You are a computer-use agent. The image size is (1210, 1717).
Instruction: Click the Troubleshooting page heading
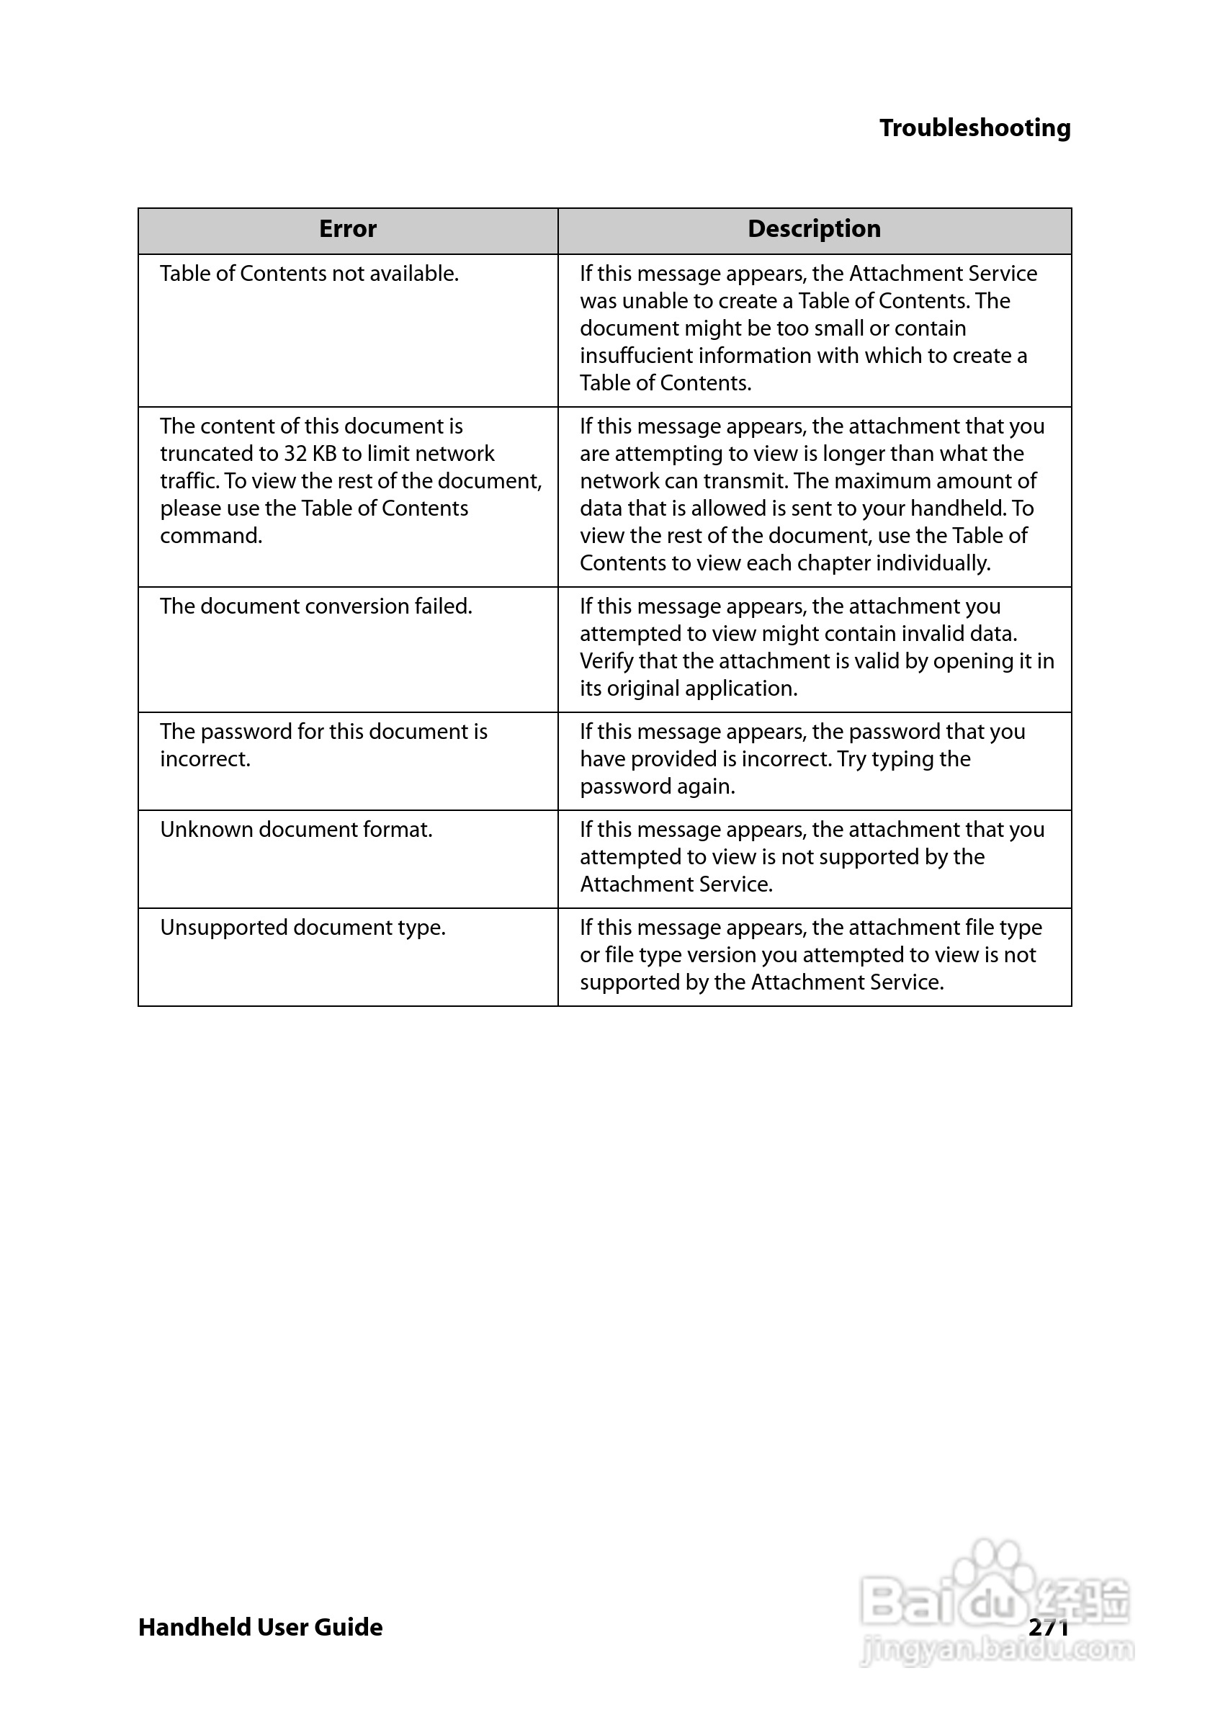click(x=974, y=128)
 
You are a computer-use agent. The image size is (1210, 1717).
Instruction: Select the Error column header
click(x=348, y=229)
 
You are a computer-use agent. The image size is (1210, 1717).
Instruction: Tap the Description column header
click(x=814, y=229)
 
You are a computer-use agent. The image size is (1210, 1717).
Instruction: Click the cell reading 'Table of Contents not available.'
click(x=309, y=274)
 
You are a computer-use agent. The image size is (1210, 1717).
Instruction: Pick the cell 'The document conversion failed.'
click(x=315, y=606)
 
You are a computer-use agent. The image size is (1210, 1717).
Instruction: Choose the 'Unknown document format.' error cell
click(x=296, y=830)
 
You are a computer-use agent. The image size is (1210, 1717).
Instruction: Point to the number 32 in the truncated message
click(x=295, y=454)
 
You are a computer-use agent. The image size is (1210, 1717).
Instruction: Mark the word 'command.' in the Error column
click(x=211, y=536)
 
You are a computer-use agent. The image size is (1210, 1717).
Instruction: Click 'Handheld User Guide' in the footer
click(x=260, y=1627)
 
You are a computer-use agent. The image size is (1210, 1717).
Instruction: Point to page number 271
click(x=1049, y=1627)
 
